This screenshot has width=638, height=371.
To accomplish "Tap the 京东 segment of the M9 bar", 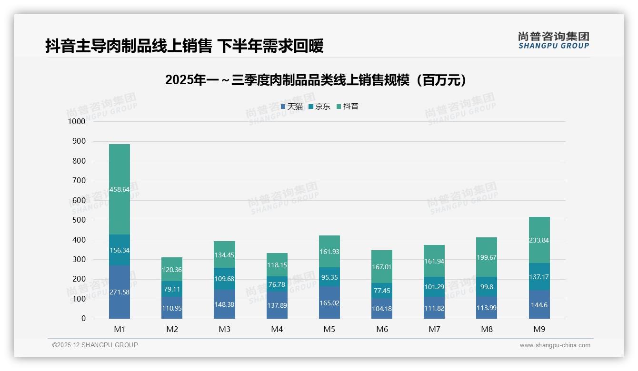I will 539,277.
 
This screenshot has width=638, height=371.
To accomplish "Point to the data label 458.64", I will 119,189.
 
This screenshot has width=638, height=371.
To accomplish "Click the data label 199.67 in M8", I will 487,257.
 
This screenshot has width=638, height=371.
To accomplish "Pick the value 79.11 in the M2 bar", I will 171,289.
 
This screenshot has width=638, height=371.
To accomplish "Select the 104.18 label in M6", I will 381,309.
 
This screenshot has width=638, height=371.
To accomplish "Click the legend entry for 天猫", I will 292,107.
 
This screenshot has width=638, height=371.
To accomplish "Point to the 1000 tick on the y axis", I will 77,121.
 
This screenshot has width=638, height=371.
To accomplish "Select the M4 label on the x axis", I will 277,329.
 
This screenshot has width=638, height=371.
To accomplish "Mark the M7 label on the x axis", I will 434,329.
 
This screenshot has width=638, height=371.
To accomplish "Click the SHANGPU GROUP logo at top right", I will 553,40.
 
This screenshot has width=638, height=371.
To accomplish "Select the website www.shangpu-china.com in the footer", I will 555,345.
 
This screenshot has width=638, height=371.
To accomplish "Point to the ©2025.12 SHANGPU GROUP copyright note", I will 95,345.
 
